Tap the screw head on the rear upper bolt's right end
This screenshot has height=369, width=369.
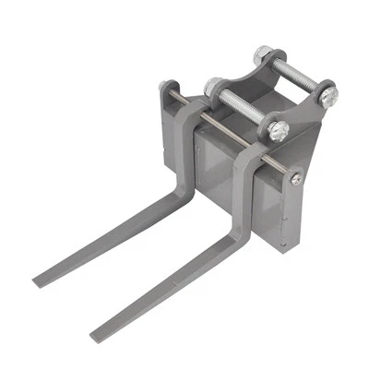327,91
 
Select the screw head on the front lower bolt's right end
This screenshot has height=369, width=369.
280,130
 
